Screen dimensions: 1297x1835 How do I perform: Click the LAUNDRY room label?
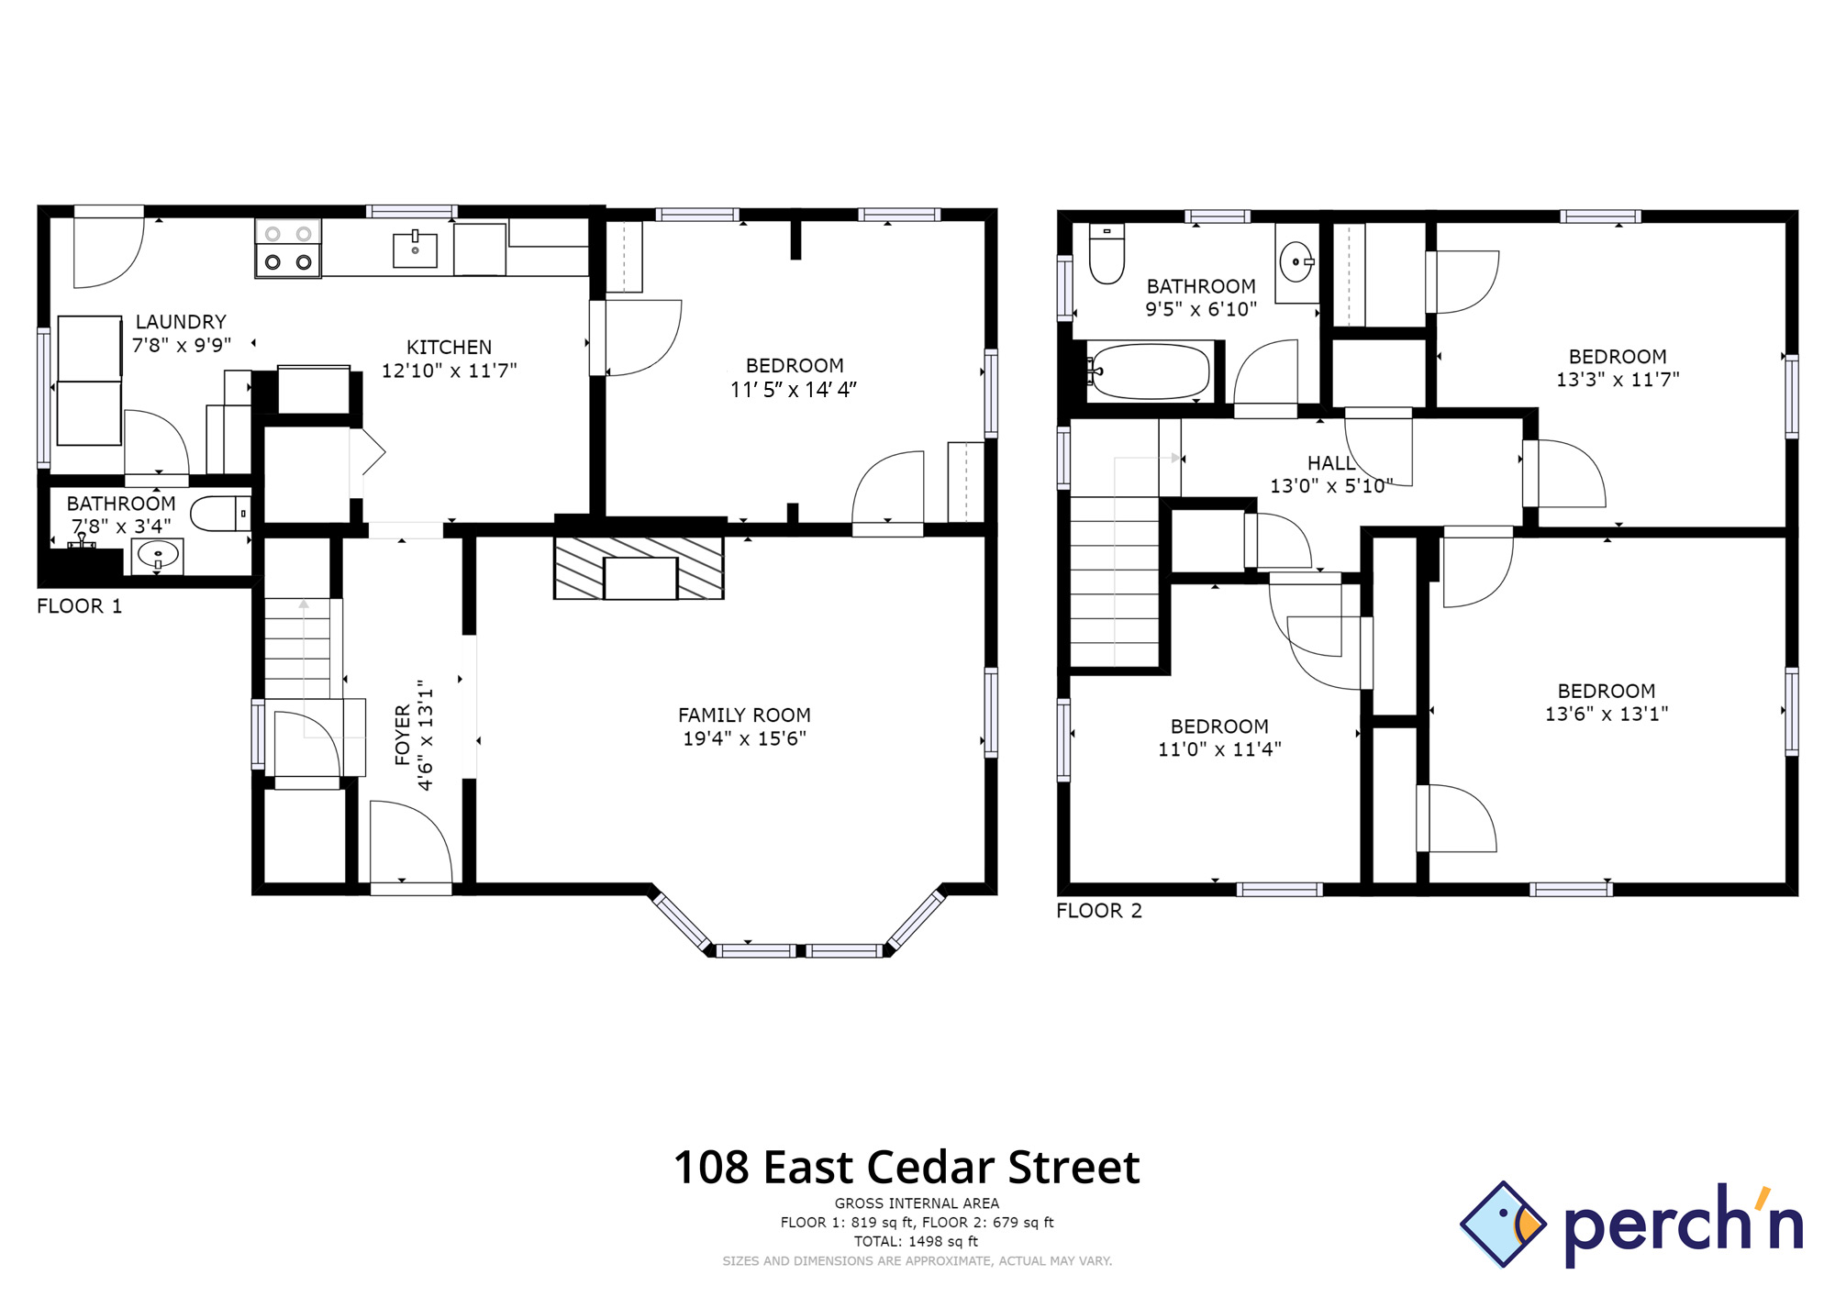181,322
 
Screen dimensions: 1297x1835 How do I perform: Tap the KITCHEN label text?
449,348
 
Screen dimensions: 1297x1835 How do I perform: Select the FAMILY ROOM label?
744,715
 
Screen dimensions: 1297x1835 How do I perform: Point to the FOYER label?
403,735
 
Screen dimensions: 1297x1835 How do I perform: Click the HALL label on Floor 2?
1330,463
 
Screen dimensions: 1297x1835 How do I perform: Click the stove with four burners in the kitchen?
288,248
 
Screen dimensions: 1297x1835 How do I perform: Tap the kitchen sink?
415,249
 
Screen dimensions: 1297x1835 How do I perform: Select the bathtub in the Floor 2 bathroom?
1151,371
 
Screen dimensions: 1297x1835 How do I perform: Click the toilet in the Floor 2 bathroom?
1107,254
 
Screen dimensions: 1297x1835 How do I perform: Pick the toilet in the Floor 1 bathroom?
218,514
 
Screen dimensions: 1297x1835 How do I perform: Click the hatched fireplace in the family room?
639,569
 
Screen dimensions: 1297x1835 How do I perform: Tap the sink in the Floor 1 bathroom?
158,555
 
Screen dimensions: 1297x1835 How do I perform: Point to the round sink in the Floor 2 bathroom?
1296,262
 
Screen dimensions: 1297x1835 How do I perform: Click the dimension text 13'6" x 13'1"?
1607,714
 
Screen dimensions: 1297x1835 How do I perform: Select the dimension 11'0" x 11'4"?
1219,749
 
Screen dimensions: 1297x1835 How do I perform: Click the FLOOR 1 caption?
79,606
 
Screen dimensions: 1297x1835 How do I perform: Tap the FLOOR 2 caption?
1099,911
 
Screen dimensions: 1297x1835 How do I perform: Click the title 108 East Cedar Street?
906,1168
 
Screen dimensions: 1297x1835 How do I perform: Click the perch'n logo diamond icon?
1503,1225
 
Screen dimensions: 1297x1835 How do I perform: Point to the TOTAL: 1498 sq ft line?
916,1242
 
